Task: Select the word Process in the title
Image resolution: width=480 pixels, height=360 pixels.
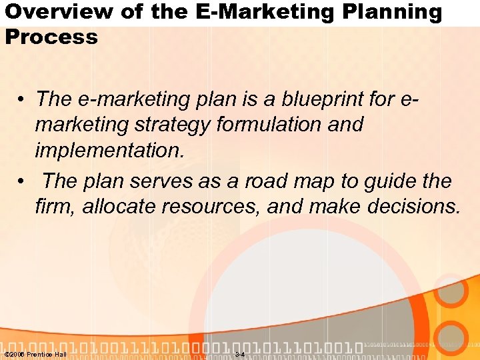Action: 51,37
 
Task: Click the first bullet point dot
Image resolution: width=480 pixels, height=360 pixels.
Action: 23,100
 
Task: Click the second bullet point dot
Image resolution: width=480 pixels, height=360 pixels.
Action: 23,181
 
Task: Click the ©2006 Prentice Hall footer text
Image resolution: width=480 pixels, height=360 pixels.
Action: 35,354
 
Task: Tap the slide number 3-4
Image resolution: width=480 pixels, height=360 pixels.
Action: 240,354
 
